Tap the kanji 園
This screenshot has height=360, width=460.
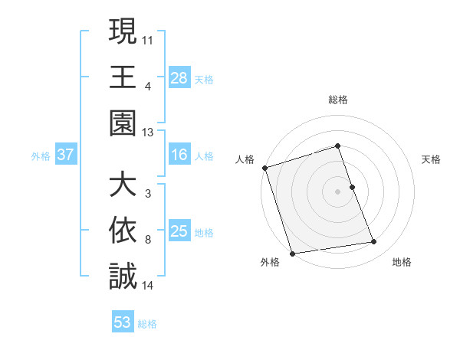[x=123, y=122]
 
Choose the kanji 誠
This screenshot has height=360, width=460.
[x=123, y=275]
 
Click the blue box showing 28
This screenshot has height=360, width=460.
[x=179, y=77]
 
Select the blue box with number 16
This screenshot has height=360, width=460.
[x=179, y=155]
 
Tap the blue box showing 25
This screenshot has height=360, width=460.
[x=179, y=231]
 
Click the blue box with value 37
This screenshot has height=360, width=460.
[x=66, y=155]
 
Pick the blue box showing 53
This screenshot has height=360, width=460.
[x=123, y=322]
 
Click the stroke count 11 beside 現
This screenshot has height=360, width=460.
[x=148, y=38]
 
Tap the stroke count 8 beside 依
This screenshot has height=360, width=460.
[x=147, y=240]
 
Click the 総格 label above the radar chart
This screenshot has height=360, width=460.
[x=337, y=100]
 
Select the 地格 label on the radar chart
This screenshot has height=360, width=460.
[x=402, y=263]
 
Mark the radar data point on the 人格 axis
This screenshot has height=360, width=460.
[x=264, y=168]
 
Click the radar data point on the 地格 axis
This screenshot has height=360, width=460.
[x=374, y=242]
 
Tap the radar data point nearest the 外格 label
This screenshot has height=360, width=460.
[x=292, y=254]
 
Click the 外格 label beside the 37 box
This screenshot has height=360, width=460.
[x=41, y=156]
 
